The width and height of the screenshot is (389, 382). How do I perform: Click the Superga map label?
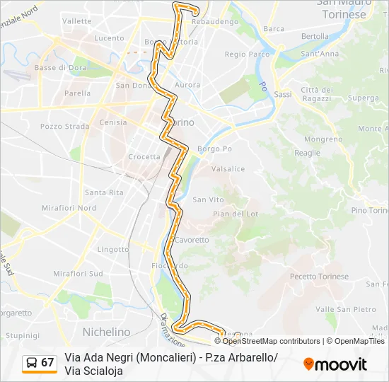364,98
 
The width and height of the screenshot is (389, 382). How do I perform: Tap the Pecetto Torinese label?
320,277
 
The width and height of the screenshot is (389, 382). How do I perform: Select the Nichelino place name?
107,331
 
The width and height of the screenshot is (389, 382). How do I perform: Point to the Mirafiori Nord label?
69,208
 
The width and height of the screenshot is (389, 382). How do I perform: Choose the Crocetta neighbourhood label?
144,157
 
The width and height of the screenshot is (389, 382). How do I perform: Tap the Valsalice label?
228,169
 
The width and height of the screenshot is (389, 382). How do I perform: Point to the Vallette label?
77,21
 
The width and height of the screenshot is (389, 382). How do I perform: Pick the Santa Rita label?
104,192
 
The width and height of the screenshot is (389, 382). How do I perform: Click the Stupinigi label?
22,335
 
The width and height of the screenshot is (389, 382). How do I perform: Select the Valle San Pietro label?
346,309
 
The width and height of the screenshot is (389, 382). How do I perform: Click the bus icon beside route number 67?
31,362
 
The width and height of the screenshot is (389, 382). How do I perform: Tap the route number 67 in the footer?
47,362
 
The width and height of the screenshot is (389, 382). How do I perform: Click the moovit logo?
335,364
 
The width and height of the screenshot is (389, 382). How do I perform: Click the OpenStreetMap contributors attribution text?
272,341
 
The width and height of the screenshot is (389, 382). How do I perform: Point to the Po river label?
262,88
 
